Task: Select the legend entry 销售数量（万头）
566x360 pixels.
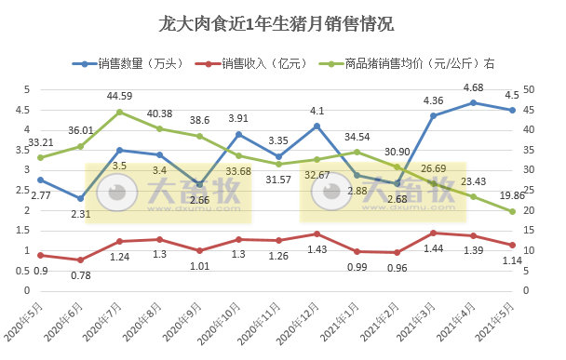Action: click(x=135, y=64)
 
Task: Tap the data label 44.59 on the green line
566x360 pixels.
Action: click(x=119, y=96)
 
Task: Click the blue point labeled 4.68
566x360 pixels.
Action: click(x=473, y=102)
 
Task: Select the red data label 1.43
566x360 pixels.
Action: click(x=317, y=249)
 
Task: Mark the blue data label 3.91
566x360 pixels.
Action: click(x=238, y=118)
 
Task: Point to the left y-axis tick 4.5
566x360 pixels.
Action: click(x=25, y=110)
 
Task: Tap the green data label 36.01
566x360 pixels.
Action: click(x=80, y=131)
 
